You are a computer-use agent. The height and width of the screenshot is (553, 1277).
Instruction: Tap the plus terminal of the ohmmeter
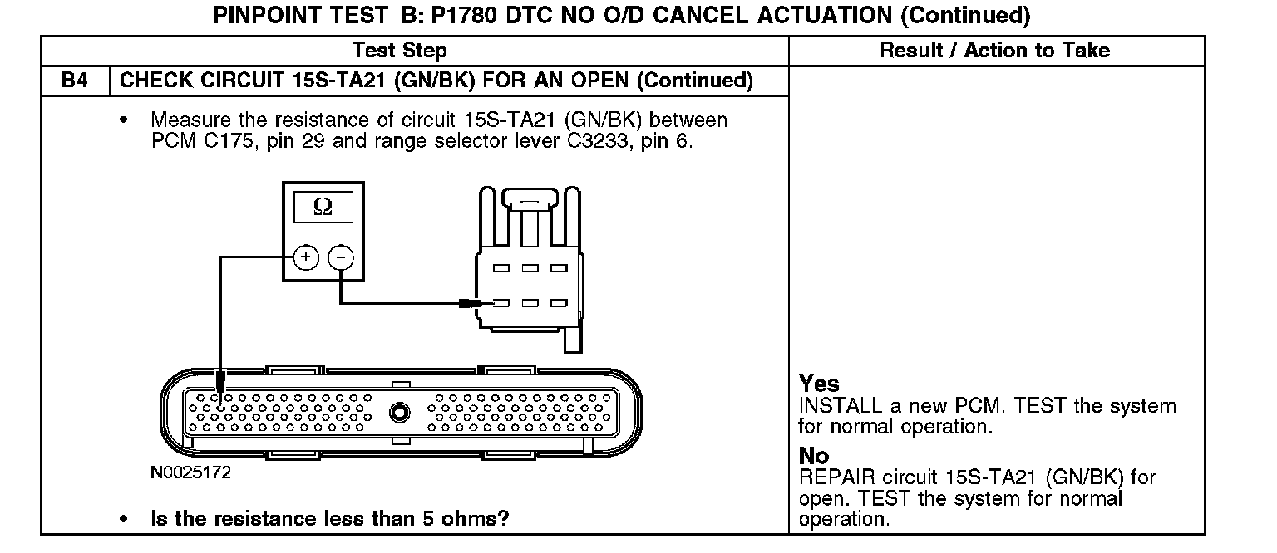(306, 257)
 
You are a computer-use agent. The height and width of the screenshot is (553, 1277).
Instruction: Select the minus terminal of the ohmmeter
(341, 257)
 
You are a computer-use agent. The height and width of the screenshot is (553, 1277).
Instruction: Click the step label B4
(75, 81)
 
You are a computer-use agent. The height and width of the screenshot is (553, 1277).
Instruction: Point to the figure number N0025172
(190, 473)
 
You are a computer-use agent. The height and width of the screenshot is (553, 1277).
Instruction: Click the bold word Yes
(819, 384)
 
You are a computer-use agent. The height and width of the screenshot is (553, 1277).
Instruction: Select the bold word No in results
(814, 456)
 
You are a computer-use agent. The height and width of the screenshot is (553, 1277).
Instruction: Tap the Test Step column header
(399, 51)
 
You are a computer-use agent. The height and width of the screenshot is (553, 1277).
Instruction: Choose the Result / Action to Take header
(994, 51)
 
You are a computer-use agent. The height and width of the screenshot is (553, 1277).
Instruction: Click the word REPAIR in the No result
(832, 478)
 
